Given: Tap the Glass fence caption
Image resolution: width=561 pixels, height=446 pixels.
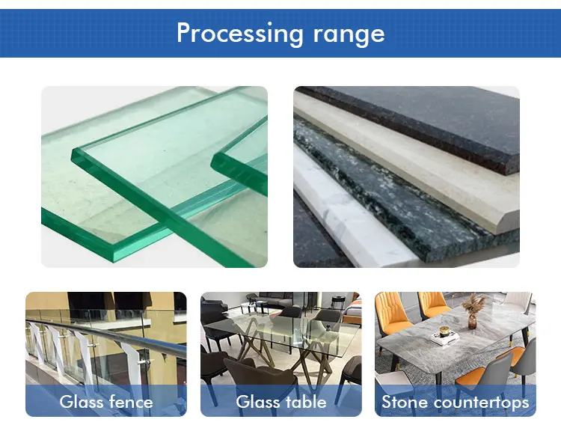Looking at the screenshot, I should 106,402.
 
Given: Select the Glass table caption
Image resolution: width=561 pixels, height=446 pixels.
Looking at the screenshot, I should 281,402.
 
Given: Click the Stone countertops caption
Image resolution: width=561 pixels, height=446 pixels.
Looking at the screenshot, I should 455,402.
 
